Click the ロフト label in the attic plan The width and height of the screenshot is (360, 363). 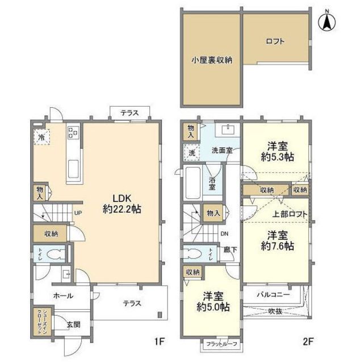tap(275, 41)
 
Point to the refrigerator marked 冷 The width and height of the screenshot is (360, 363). tap(41, 137)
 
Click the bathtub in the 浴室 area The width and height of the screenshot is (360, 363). tap(193, 182)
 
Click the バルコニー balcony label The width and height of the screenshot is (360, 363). tap(273, 295)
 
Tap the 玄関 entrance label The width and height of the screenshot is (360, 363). tap(73, 324)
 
